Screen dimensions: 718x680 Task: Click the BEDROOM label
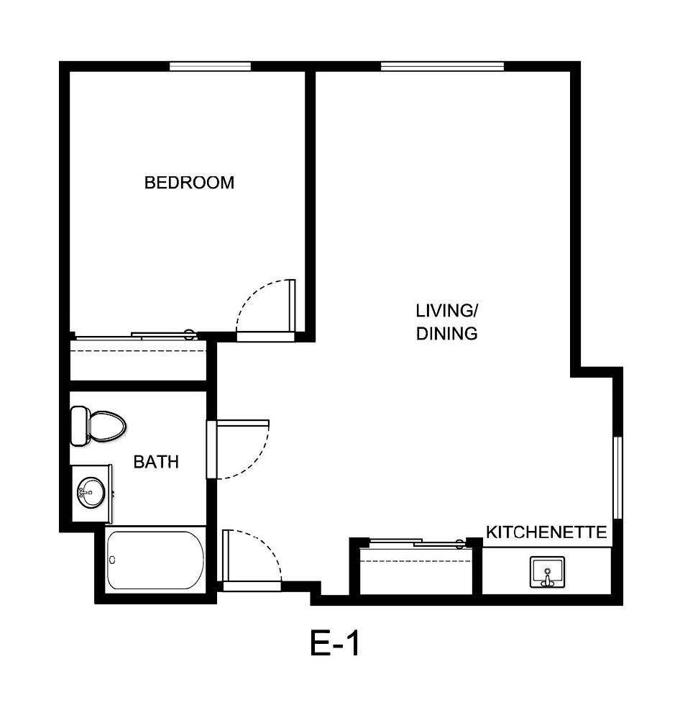[x=189, y=183]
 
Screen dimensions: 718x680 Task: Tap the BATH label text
[x=156, y=462]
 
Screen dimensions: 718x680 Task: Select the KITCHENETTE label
[x=546, y=532]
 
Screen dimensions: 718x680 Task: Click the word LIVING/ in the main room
[x=446, y=311]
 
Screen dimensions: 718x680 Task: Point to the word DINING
[x=446, y=334]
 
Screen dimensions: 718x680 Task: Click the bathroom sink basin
[x=91, y=494]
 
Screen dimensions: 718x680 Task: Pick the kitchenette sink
[x=547, y=573]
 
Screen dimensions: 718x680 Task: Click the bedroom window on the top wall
[x=210, y=66]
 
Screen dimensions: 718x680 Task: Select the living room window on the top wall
[x=442, y=66]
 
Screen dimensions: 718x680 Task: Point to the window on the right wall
[x=617, y=476]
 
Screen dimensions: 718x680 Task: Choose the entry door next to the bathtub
[x=252, y=558]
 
